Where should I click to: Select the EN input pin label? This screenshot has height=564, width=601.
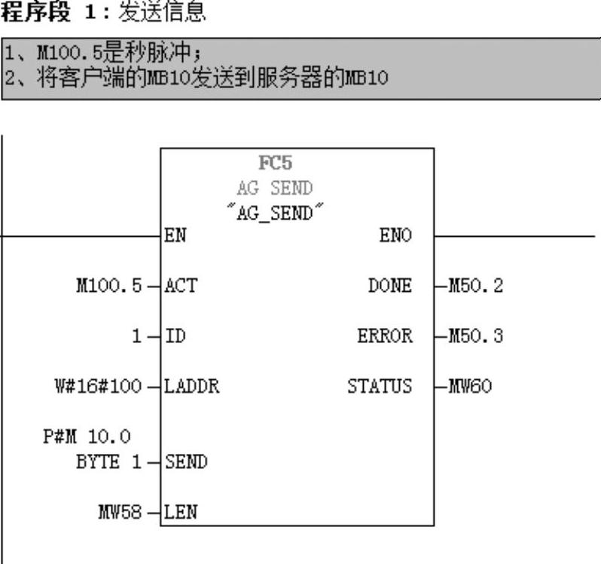pos(175,236)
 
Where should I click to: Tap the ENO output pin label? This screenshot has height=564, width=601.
pos(395,236)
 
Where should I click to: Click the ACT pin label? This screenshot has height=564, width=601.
pos(180,287)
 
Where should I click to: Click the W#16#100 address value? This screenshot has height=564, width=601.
pos(99,387)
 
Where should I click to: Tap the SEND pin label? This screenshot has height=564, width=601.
pos(186,462)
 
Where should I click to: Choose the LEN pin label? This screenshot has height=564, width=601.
pos(180,513)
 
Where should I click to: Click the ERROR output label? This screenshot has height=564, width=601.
pos(385,336)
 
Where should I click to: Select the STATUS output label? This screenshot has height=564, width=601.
pos(380,387)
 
